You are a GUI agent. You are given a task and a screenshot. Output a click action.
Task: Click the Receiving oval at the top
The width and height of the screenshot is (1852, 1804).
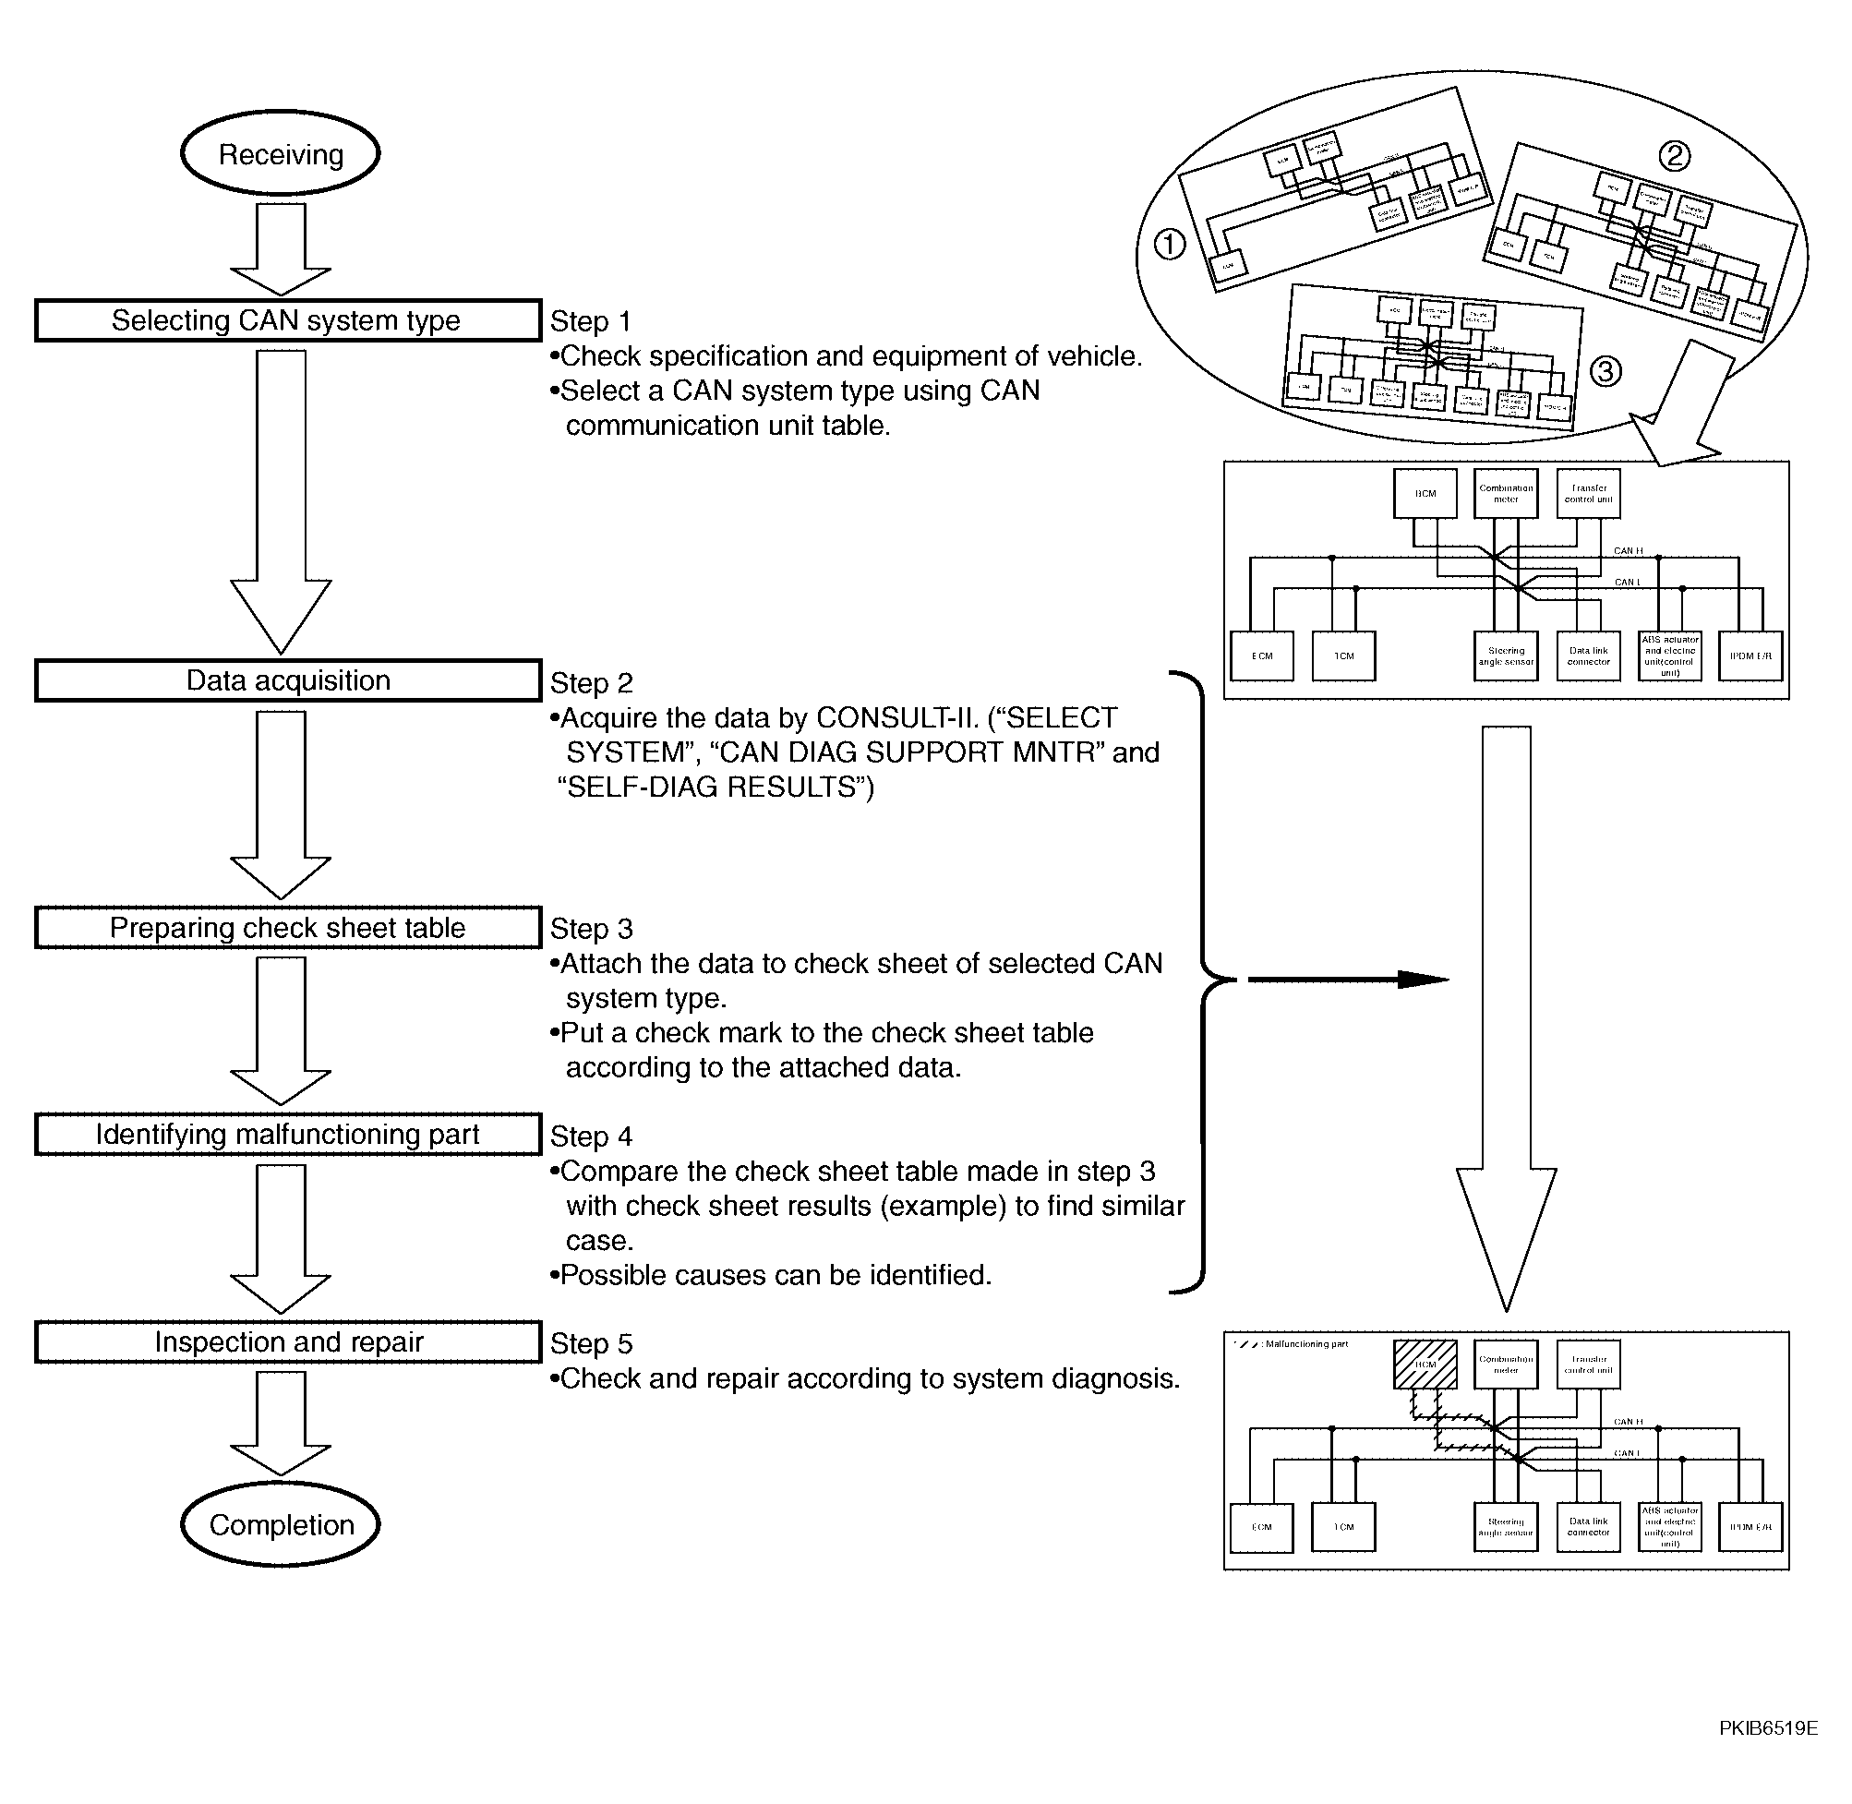(x=281, y=153)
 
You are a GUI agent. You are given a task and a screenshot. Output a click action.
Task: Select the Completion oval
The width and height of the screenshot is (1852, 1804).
(x=281, y=1524)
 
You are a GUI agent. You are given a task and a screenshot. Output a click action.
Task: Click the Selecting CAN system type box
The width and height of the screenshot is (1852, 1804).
(x=287, y=320)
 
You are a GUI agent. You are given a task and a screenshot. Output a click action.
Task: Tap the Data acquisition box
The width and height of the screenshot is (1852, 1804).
(x=287, y=680)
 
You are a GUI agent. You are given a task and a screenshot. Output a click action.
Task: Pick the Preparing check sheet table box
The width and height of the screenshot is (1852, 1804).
(x=287, y=928)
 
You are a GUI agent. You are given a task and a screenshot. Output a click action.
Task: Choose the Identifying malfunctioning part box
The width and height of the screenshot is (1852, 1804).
(x=287, y=1134)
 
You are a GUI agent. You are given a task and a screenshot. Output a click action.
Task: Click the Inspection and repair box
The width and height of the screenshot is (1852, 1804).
(x=287, y=1341)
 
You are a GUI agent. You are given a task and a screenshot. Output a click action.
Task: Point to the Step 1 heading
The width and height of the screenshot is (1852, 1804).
(x=590, y=321)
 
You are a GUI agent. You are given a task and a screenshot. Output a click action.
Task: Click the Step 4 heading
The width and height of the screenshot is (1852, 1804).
(x=591, y=1136)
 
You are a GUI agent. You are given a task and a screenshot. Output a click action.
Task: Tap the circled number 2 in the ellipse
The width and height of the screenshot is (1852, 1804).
(x=1674, y=155)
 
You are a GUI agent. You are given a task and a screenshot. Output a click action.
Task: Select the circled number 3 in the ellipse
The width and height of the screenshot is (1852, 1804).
(x=1605, y=371)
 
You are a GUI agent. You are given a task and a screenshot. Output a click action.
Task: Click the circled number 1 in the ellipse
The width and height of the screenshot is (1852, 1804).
(x=1170, y=246)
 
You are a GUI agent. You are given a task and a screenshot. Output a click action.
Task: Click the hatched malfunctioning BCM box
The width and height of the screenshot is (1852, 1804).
(x=1425, y=1365)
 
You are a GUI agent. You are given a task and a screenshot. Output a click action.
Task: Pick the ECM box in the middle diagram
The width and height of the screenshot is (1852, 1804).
(x=1262, y=655)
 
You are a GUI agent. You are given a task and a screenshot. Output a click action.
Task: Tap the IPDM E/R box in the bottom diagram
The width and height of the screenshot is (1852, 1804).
(x=1750, y=1527)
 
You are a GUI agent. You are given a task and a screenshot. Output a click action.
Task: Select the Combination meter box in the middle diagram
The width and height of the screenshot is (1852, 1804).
(x=1505, y=494)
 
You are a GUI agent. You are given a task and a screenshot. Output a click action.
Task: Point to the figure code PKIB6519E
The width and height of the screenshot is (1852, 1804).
(x=1768, y=1728)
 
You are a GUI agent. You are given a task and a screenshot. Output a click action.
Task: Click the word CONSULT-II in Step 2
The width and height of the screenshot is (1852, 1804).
(x=897, y=717)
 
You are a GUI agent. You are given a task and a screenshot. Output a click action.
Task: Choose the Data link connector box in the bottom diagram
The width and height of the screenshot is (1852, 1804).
(x=1588, y=1527)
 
